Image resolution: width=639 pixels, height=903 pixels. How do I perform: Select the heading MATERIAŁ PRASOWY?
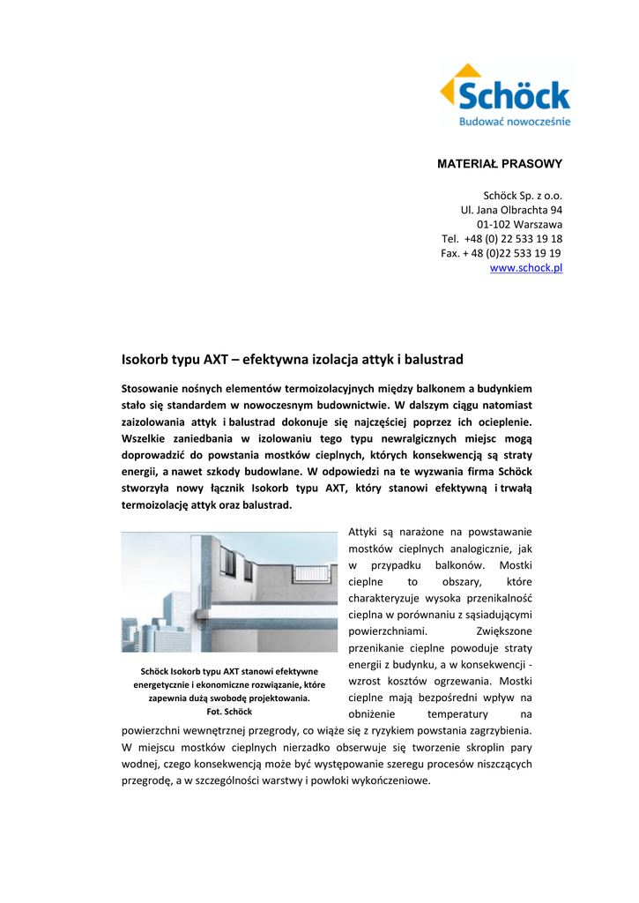[x=500, y=164]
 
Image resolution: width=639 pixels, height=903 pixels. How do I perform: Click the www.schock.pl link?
[x=526, y=267]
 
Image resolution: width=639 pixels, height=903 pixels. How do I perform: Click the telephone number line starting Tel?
[x=502, y=239]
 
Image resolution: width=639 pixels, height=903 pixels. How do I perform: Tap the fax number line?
[x=502, y=253]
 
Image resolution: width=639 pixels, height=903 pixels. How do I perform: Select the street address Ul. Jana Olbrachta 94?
[x=511, y=210]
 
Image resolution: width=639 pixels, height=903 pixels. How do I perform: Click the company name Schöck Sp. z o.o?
[x=523, y=196]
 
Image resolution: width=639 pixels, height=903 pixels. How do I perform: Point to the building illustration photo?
[x=229, y=592]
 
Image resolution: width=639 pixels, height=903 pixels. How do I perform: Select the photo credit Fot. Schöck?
[x=228, y=711]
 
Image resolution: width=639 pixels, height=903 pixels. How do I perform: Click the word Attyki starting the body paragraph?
[x=363, y=532]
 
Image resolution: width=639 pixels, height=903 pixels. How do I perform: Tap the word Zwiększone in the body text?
[x=504, y=631]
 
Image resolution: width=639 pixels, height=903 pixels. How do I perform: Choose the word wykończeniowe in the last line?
[x=392, y=781]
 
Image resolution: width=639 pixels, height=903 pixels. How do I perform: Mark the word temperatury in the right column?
[x=457, y=713]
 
